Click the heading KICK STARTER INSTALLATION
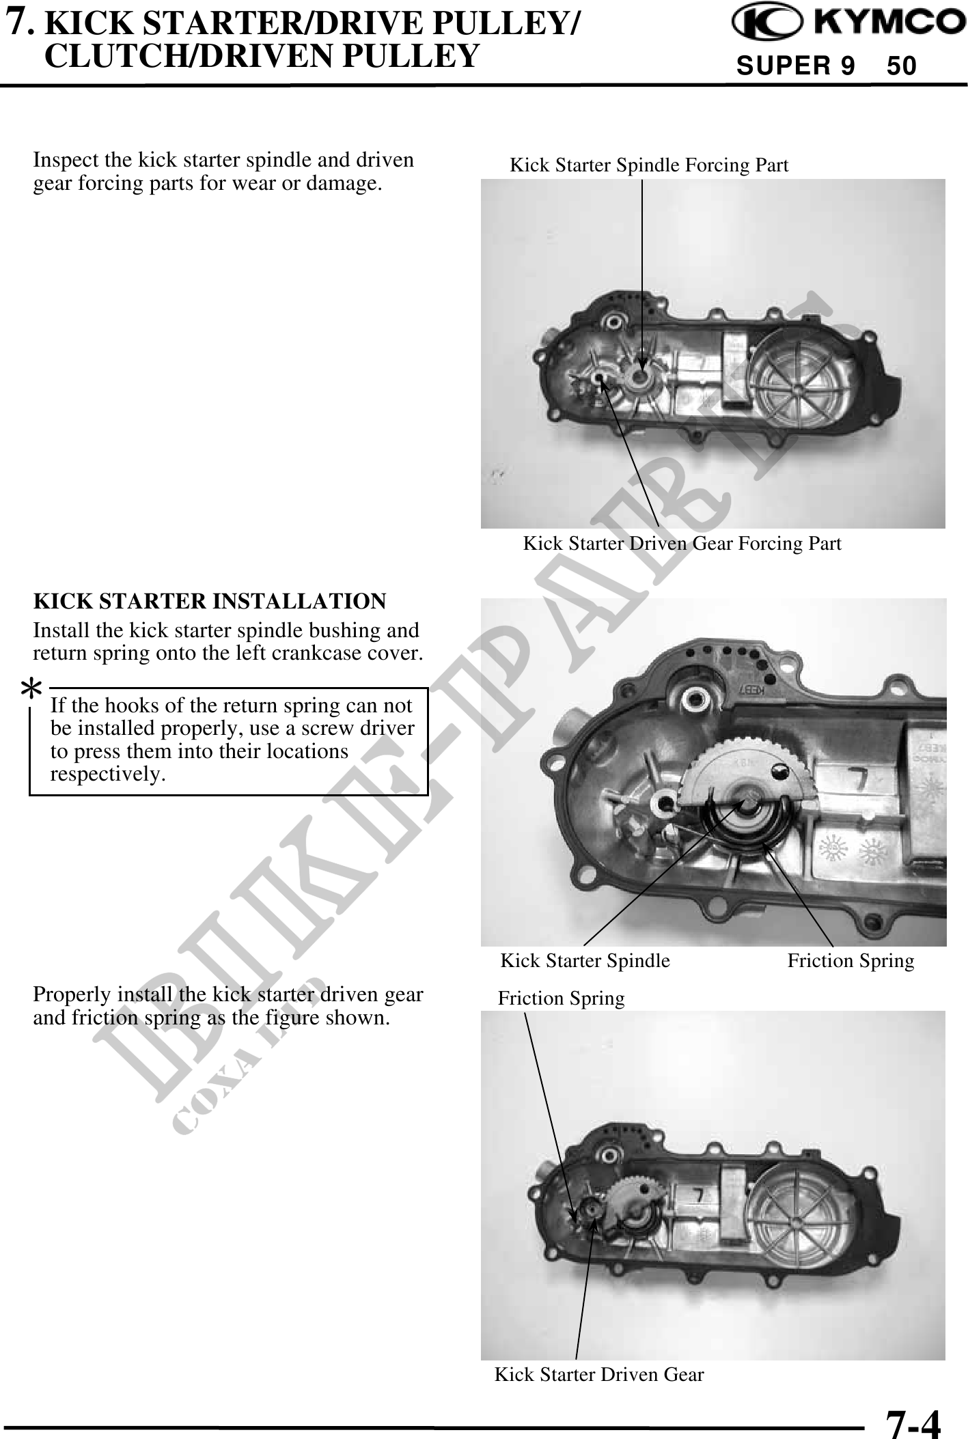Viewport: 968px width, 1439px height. click(x=210, y=601)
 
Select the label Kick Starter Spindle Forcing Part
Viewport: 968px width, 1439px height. click(x=649, y=165)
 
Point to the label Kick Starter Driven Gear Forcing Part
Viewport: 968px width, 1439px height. click(x=682, y=544)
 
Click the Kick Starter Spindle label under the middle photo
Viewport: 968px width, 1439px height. click(x=585, y=961)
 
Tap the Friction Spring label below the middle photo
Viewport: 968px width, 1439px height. click(x=851, y=961)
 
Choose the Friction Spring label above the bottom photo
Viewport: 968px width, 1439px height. click(x=561, y=998)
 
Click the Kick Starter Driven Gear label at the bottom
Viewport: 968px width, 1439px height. click(x=599, y=1374)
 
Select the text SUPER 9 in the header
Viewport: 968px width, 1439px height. click(x=795, y=66)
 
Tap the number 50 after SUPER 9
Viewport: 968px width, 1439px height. click(x=902, y=66)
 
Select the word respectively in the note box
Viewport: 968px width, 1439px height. click(x=108, y=774)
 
